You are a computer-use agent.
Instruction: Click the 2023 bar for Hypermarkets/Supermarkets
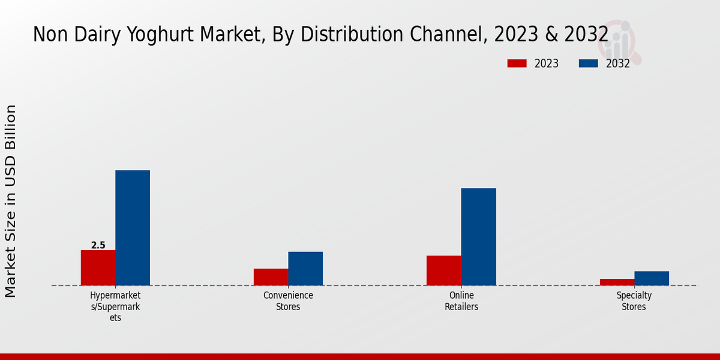(98, 268)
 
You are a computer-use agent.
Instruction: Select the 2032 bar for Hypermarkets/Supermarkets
(133, 228)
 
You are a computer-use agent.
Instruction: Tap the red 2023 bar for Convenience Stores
(271, 277)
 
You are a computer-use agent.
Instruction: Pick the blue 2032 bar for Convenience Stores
(305, 268)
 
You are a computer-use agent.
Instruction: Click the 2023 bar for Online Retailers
(444, 270)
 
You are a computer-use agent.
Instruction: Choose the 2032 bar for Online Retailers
(479, 236)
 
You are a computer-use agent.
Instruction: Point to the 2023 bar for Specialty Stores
(617, 282)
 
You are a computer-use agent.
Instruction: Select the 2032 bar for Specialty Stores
(652, 278)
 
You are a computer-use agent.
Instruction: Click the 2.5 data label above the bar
(98, 245)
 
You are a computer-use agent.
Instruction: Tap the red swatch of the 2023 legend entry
(517, 64)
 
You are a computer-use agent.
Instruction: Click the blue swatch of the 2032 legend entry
(588, 64)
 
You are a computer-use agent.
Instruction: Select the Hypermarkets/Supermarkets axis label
(115, 307)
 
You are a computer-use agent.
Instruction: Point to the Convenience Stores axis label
(288, 301)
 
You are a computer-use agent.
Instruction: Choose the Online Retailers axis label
(461, 301)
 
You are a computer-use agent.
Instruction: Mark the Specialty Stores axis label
(634, 301)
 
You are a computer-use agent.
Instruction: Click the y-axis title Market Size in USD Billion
(11, 201)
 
